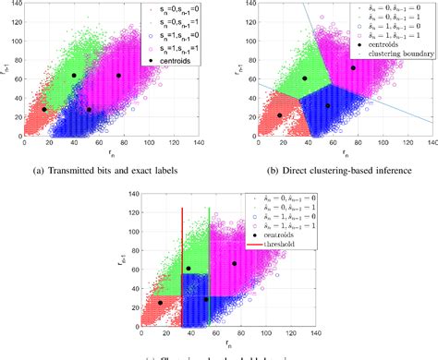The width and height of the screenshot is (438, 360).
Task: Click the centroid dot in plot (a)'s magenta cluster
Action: tap(118, 75)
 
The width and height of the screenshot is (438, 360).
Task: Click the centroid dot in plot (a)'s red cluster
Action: tap(43, 110)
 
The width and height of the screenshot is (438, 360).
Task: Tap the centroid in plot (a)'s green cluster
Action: tap(74, 75)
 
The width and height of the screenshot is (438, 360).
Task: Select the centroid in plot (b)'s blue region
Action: tap(327, 105)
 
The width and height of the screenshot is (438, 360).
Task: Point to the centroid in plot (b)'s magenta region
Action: tap(353, 67)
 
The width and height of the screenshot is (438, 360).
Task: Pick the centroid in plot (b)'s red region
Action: tap(280, 115)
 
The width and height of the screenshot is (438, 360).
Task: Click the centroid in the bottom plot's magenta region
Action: tap(235, 263)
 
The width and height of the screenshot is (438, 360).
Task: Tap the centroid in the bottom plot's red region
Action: tap(160, 302)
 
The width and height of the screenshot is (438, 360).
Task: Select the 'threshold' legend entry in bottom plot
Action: tap(290, 244)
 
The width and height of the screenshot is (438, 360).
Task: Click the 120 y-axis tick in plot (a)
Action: tap(18, 22)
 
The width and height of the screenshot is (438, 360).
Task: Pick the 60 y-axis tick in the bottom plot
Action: tap(129, 269)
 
